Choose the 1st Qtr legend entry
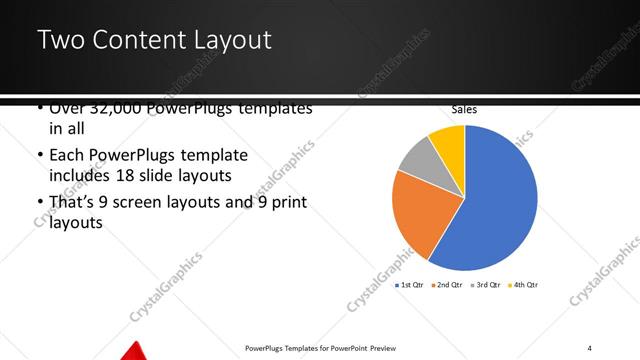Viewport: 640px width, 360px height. point(410,285)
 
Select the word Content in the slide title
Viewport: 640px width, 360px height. point(134,41)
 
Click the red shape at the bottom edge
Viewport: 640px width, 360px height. point(135,351)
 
